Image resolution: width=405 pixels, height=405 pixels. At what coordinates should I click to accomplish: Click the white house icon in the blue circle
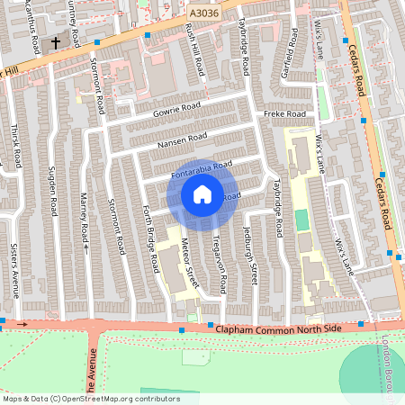click(x=202, y=193)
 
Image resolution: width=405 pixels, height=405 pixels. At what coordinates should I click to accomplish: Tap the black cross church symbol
click(x=55, y=42)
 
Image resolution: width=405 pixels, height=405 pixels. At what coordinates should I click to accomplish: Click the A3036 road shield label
click(x=202, y=14)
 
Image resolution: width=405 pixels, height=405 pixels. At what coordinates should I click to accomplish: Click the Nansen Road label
click(x=182, y=140)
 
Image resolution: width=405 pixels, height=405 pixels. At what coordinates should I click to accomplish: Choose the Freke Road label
click(x=284, y=114)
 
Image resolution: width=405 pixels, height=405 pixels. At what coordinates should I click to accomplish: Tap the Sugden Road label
click(x=53, y=193)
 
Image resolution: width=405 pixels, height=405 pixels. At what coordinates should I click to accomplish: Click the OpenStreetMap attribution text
click(x=90, y=399)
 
